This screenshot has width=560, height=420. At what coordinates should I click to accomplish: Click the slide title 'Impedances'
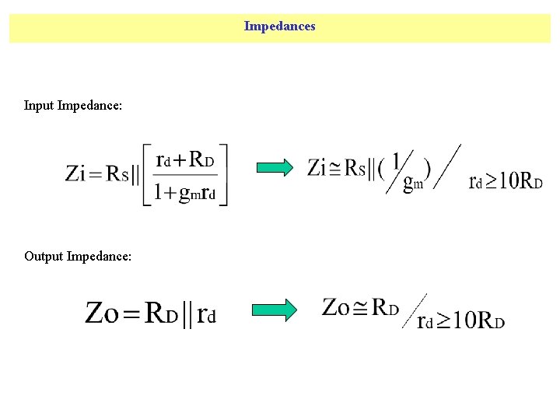(x=279, y=26)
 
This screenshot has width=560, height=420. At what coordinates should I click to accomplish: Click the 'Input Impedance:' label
(x=73, y=105)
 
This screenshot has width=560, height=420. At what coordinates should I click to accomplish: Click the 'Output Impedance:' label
(x=78, y=256)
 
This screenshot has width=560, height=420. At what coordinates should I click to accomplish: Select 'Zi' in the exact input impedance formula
(x=75, y=173)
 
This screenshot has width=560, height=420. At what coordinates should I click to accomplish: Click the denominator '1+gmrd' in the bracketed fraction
(x=185, y=192)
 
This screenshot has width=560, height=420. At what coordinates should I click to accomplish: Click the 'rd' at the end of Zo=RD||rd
(x=206, y=314)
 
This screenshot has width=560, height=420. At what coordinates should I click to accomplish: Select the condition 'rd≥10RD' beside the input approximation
(x=506, y=182)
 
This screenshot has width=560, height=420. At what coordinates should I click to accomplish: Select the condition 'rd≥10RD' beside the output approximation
(x=461, y=320)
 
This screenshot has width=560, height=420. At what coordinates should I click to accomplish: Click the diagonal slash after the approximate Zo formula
(x=414, y=310)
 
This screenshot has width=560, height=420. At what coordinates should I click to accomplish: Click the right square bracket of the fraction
(x=224, y=175)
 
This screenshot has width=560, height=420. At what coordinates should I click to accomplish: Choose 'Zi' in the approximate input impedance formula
(x=317, y=167)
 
